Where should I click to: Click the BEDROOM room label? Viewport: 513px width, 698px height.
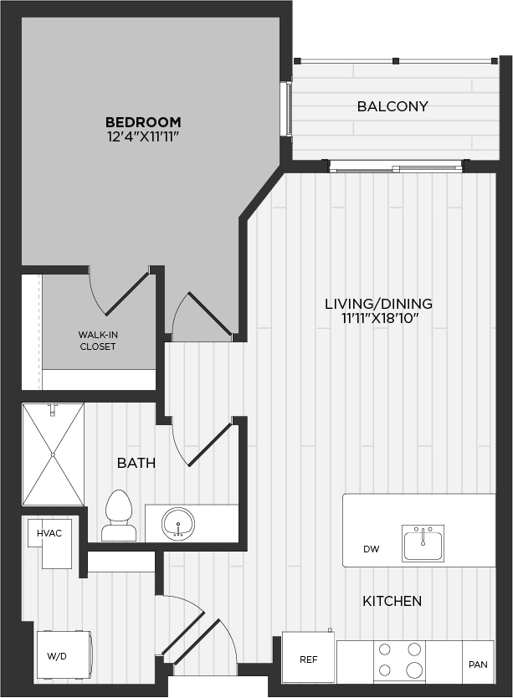pos(143,122)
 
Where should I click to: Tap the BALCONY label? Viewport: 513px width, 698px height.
pos(392,106)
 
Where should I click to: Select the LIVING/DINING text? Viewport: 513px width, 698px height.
pos(378,304)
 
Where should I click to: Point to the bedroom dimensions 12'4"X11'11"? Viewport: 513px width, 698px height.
pos(143,136)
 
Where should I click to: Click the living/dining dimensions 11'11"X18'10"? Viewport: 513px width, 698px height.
pos(378,318)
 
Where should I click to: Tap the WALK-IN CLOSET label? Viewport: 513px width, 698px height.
pos(98,341)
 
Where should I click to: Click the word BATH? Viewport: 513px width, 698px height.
pos(136,463)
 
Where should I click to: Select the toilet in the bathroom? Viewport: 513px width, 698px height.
pos(119,515)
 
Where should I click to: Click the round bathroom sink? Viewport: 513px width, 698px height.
pos(178,524)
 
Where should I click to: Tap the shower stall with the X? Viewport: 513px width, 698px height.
pos(54,454)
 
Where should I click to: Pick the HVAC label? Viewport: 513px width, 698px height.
pos(49,533)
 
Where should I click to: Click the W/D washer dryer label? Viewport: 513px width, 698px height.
pos(57,655)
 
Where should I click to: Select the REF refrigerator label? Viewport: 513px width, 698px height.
pos(309,660)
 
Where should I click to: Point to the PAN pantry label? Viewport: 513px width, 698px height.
pos(478,665)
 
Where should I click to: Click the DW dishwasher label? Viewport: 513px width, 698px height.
pos(372,549)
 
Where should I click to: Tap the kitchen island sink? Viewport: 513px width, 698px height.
pos(423,542)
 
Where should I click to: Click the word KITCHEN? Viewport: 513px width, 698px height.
pos(392,601)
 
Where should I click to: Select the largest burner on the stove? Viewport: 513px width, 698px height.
pos(414,669)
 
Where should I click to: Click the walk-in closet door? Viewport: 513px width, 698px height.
pos(126,291)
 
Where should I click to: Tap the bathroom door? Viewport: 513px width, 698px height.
pos(210,444)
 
